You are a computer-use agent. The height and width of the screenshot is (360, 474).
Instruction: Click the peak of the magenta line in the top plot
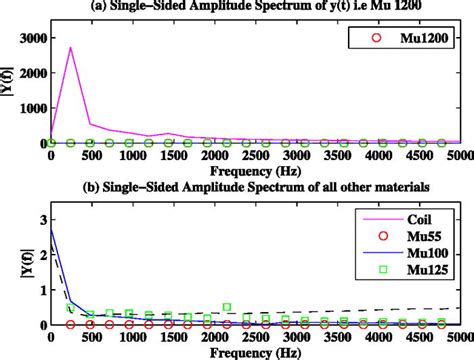[x=70, y=47]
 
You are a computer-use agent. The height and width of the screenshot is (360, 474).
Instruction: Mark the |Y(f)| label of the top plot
[x=9, y=90]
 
